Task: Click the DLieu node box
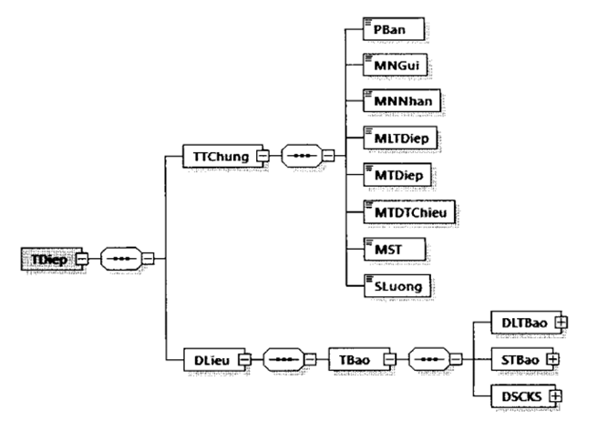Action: [211, 359]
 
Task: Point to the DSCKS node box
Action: [519, 395]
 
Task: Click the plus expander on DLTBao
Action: [562, 322]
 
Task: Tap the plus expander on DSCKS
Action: [551, 395]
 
